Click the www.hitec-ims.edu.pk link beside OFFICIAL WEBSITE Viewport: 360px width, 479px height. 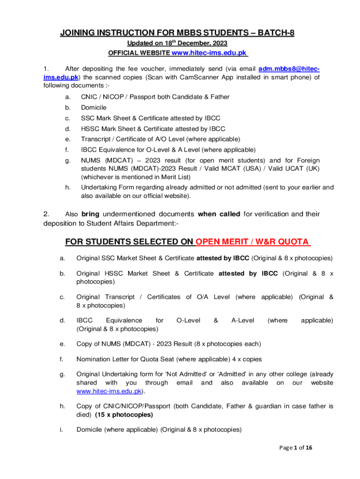209,53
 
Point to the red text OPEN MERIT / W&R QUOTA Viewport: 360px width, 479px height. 253,242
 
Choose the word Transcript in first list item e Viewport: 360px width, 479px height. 97,139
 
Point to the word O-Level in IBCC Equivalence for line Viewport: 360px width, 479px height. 188,320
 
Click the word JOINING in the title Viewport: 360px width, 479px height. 79,33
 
